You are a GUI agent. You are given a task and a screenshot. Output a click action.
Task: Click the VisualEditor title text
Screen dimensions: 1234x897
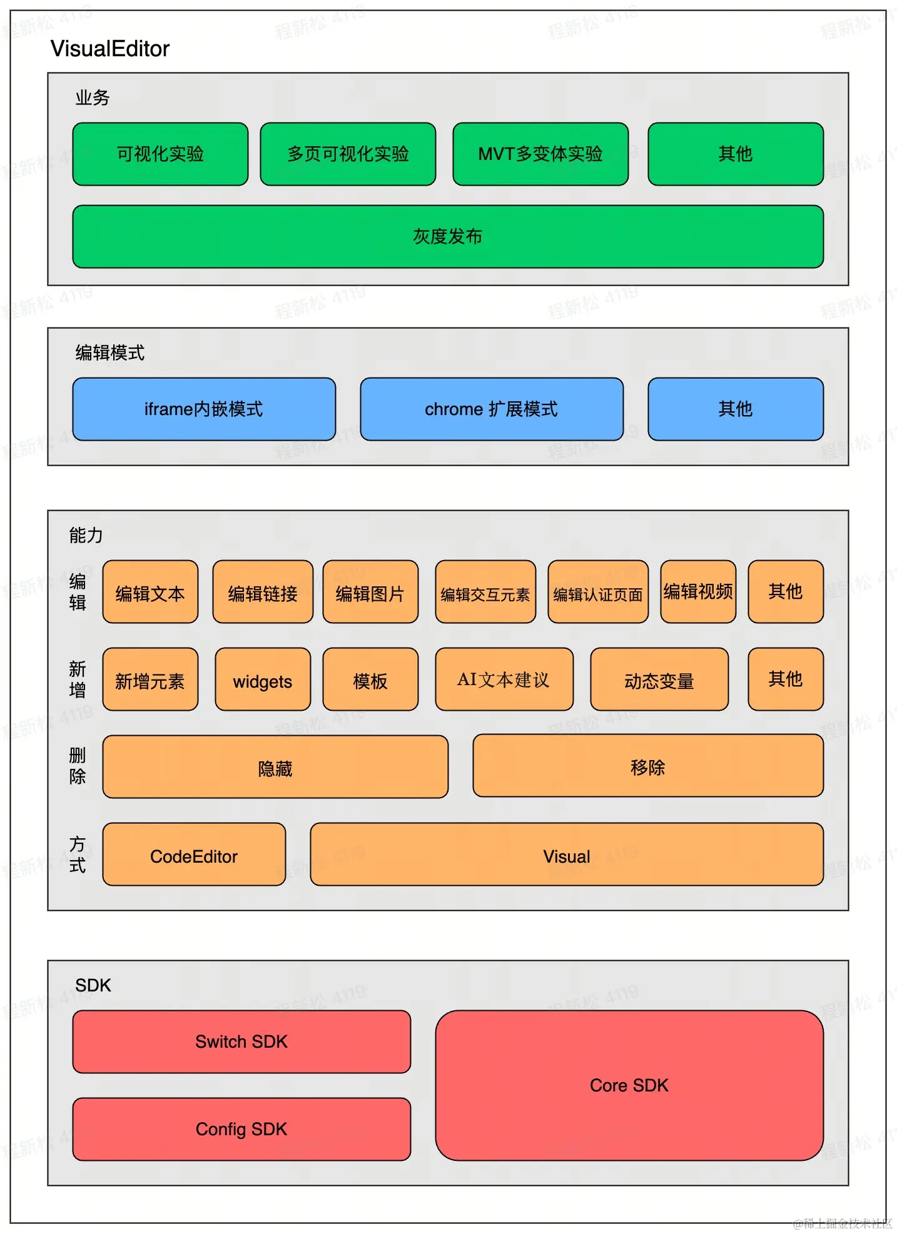click(x=109, y=49)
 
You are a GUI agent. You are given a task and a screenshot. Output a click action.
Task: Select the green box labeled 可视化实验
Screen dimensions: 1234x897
click(x=160, y=154)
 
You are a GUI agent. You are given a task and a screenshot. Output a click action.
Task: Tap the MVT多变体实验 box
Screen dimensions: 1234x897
click(x=540, y=154)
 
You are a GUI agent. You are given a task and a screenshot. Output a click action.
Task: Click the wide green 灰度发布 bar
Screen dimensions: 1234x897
click(x=448, y=236)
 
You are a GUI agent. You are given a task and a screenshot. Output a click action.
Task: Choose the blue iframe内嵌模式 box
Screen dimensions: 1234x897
click(x=204, y=409)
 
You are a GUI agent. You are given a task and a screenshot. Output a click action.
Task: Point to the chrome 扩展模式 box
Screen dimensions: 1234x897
click(x=492, y=409)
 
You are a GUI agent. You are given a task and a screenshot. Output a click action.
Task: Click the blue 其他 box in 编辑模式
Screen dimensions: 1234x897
click(x=736, y=409)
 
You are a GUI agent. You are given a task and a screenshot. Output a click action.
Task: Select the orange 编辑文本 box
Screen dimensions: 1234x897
click(x=150, y=592)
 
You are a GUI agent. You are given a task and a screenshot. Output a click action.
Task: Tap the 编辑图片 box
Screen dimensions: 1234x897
click(x=370, y=592)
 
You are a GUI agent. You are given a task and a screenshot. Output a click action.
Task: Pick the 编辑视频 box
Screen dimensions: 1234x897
click(x=698, y=591)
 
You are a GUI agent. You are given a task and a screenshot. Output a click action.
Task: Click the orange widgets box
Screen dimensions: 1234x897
click(x=263, y=680)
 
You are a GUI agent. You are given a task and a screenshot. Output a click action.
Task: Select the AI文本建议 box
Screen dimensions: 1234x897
click(x=504, y=680)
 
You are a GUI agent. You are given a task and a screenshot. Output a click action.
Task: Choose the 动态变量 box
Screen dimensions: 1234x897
click(x=659, y=680)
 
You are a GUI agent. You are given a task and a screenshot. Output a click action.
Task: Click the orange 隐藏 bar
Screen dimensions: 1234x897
click(x=275, y=767)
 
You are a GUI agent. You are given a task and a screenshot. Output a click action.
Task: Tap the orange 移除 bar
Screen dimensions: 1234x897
click(x=648, y=766)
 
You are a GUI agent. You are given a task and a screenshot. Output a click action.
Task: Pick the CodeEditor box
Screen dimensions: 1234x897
click(x=194, y=855)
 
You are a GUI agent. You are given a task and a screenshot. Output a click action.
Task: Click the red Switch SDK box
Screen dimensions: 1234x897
click(x=241, y=1041)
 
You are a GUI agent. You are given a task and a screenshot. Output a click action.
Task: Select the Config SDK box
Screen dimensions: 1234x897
click(x=241, y=1129)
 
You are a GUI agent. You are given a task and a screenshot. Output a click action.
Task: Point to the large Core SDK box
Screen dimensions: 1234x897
click(x=629, y=1085)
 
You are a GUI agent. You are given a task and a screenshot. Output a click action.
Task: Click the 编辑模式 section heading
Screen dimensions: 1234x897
click(x=109, y=353)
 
